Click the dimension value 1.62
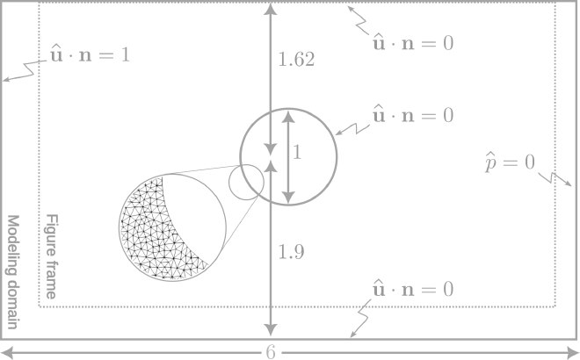296,60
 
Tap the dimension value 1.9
290,253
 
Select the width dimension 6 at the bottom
272,352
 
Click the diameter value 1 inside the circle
297,152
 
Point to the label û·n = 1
89,54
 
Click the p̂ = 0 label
510,162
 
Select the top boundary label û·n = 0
413,42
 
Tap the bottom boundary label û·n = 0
413,288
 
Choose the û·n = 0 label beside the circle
413,115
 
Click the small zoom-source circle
246,182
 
